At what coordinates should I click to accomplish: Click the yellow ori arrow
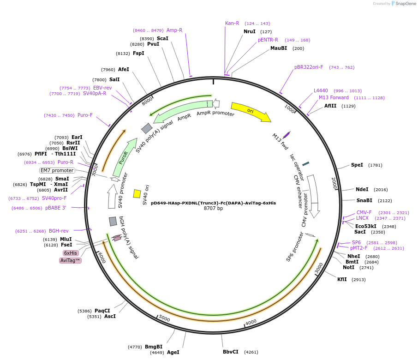coord(251,112)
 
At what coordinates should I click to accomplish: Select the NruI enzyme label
coord(250,31)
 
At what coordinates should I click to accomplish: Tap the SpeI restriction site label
coord(357,165)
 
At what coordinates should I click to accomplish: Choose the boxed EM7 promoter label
coord(57,170)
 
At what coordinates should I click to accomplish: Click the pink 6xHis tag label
coord(71,253)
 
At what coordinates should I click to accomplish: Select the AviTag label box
coord(70,260)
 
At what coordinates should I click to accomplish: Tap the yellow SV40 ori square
coord(137,194)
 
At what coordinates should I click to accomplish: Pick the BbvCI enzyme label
coord(231,352)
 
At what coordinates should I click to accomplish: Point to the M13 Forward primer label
coord(334,97)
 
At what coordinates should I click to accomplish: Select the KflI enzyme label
coord(342,279)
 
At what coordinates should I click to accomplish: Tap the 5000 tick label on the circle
coord(165,318)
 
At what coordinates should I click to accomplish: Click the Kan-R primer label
coord(232,23)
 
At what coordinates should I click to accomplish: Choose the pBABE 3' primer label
coord(55,208)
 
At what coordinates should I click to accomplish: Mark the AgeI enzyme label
coord(173,352)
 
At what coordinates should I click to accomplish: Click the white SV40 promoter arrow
coord(112,196)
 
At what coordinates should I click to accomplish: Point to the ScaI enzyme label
coord(162,38)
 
